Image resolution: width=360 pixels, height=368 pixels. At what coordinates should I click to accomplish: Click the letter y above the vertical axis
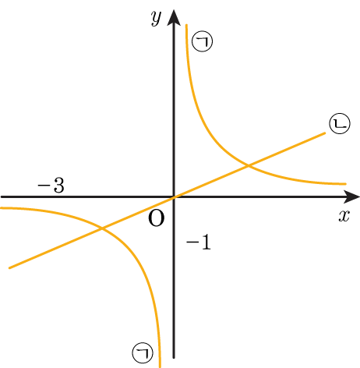click(x=156, y=18)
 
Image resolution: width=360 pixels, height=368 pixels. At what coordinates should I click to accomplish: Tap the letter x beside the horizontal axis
click(x=344, y=215)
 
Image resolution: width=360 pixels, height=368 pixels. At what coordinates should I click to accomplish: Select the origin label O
click(x=156, y=218)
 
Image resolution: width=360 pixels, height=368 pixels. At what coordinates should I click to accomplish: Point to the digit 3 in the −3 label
click(x=58, y=186)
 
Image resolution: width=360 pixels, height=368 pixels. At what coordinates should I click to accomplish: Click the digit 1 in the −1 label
click(x=206, y=242)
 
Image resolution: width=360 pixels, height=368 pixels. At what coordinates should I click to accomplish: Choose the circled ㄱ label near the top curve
click(x=202, y=41)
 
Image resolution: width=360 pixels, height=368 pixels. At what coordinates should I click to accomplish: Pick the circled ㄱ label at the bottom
click(x=143, y=352)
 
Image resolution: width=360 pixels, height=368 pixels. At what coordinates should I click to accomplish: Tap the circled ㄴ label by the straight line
click(x=340, y=123)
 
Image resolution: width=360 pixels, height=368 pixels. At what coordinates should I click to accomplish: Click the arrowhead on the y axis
click(x=174, y=18)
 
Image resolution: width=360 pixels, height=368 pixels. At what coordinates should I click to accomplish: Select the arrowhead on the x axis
click(x=351, y=196)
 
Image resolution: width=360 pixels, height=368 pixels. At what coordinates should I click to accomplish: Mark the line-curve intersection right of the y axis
click(x=249, y=165)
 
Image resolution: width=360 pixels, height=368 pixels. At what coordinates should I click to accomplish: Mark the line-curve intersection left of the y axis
click(x=102, y=228)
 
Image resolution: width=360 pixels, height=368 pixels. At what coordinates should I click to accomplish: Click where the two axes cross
click(x=174, y=197)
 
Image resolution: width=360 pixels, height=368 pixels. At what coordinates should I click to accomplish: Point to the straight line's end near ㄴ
click(x=325, y=133)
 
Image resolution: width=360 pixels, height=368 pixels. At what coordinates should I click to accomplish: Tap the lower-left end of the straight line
click(x=9, y=267)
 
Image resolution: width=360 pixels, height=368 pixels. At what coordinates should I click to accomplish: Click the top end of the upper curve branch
click(x=186, y=25)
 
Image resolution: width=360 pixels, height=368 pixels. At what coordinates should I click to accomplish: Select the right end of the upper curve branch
click(x=346, y=184)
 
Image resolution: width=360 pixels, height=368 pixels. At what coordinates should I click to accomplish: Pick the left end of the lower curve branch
click(x=1, y=207)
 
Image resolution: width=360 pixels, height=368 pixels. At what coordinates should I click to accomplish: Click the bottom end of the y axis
click(x=174, y=358)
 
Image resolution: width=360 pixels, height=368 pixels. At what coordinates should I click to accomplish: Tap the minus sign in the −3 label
click(x=44, y=186)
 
